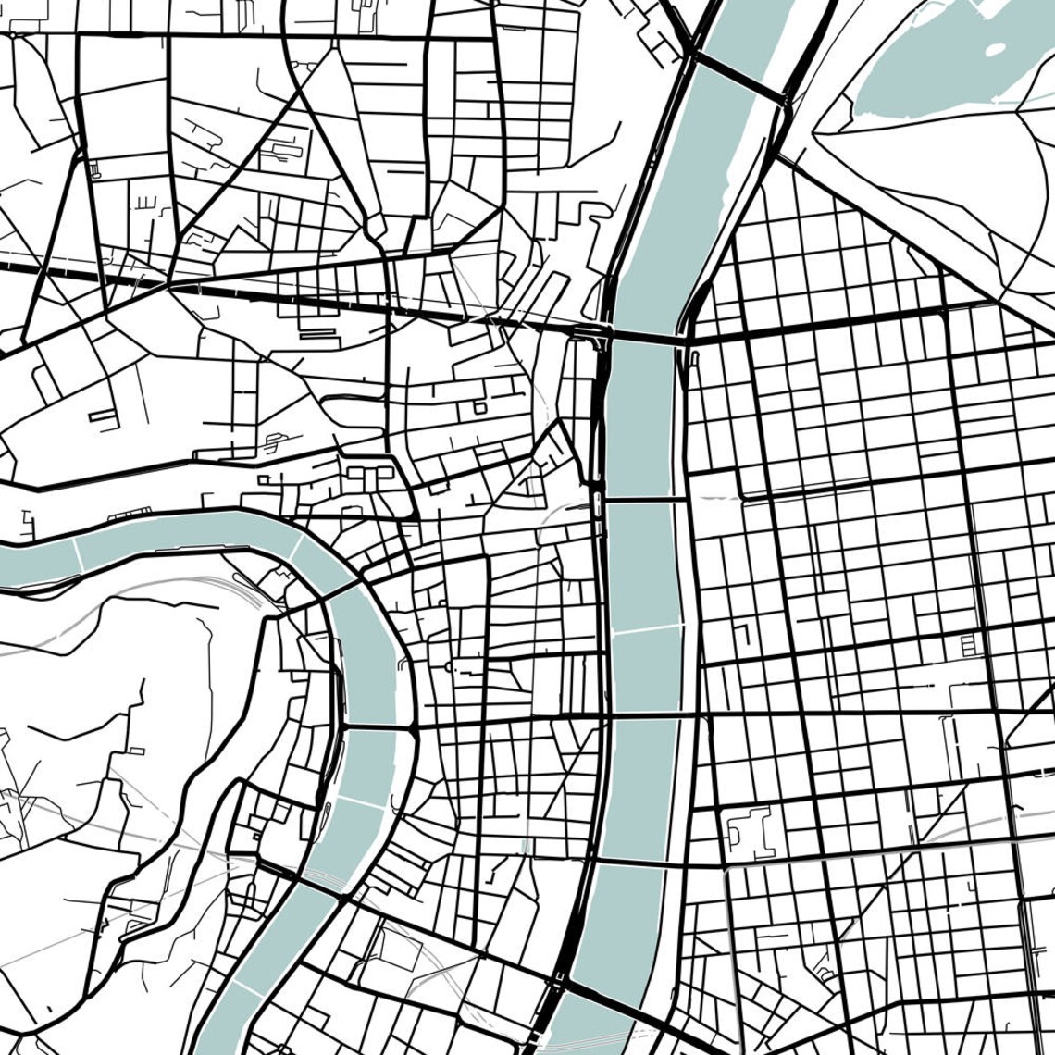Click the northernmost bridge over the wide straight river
tap(738, 78)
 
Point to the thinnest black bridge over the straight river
tap(642, 501)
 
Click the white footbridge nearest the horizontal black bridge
tap(361, 801)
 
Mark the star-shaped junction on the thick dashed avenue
tap(169, 285)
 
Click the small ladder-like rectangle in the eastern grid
tap(968, 645)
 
